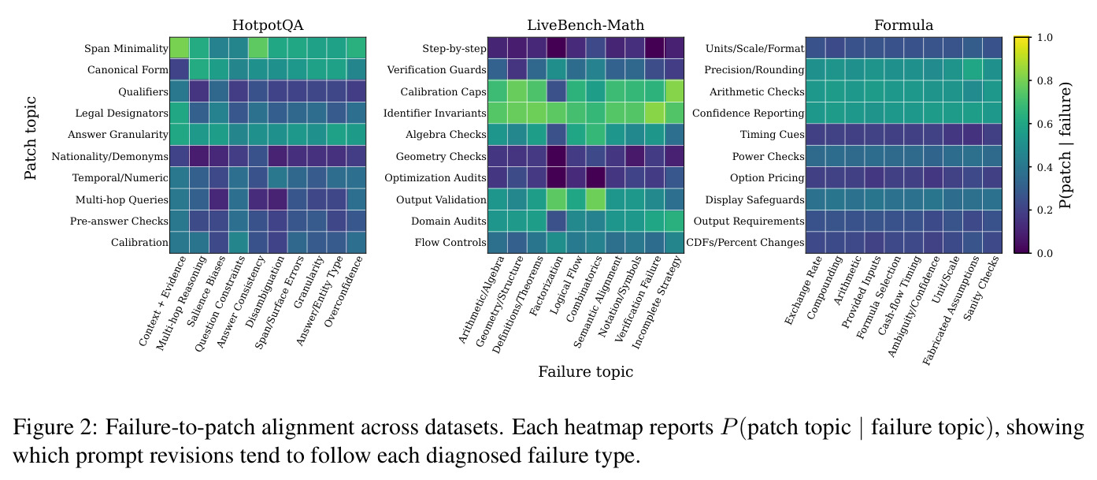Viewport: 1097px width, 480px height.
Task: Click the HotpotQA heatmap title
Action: click(268, 25)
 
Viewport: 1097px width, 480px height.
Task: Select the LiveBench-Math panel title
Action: click(585, 25)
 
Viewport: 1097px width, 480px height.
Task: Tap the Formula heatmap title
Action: click(903, 25)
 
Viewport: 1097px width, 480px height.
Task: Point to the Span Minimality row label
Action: click(126, 49)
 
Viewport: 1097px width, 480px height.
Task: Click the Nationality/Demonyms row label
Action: click(109, 156)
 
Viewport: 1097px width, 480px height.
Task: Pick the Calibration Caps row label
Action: click(443, 91)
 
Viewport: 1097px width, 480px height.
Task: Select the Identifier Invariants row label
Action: click(435, 113)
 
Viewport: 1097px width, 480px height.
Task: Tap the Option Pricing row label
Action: click(767, 178)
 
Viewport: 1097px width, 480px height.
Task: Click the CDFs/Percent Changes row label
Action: click(745, 243)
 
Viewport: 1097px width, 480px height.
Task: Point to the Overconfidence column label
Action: click(344, 292)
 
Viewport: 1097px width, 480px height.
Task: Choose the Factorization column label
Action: click(546, 286)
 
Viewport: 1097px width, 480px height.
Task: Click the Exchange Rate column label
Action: click(802, 290)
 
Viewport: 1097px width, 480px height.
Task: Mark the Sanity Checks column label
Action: click(981, 288)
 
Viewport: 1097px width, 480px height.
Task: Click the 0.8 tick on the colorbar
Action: click(1044, 81)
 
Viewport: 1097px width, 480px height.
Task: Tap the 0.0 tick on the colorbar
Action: click(1044, 254)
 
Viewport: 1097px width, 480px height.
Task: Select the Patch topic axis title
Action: click(31, 138)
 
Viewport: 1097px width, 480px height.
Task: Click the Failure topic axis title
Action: click(585, 372)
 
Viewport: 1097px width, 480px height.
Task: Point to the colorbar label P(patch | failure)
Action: click(1065, 146)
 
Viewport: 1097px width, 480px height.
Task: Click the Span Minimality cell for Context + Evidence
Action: click(180, 48)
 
